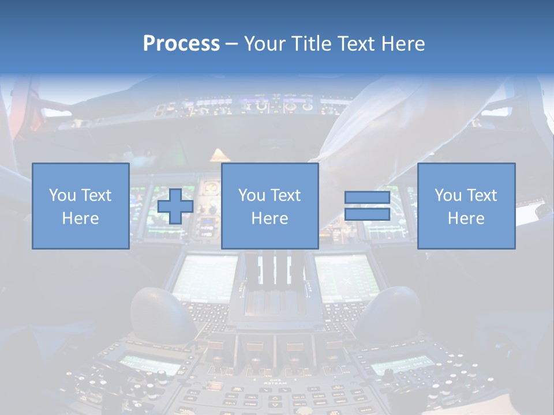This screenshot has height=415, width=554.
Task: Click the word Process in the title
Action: click(181, 44)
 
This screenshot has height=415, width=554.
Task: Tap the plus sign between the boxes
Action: click(175, 206)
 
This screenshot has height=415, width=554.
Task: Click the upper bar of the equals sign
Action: click(367, 198)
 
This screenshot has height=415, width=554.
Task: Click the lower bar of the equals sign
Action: click(367, 214)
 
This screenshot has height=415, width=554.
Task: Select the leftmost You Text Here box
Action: click(80, 206)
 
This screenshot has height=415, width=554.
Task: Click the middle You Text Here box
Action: click(269, 206)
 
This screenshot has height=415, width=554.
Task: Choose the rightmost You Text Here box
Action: click(466, 206)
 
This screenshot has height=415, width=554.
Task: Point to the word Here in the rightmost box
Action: click(466, 218)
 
